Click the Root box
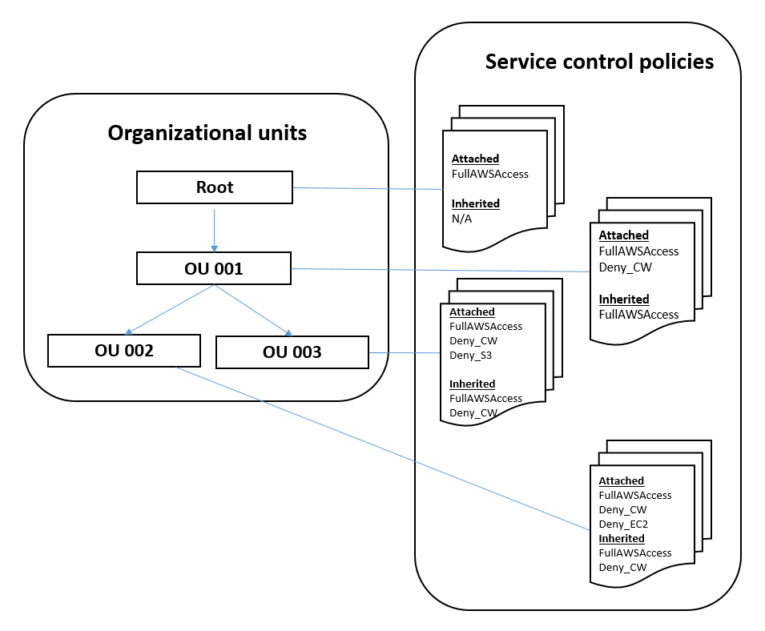click(x=214, y=187)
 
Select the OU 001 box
click(x=214, y=268)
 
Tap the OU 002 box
click(x=123, y=351)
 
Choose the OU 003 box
click(x=292, y=352)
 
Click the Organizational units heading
click(x=207, y=133)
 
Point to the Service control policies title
click(x=599, y=62)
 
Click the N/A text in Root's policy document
click(x=462, y=219)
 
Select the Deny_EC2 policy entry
click(x=623, y=524)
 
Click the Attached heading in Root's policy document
click(x=475, y=159)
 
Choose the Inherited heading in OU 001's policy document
click(x=624, y=299)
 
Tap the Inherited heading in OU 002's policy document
click(x=622, y=538)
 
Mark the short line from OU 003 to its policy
click(x=405, y=352)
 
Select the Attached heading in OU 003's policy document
click(x=472, y=311)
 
